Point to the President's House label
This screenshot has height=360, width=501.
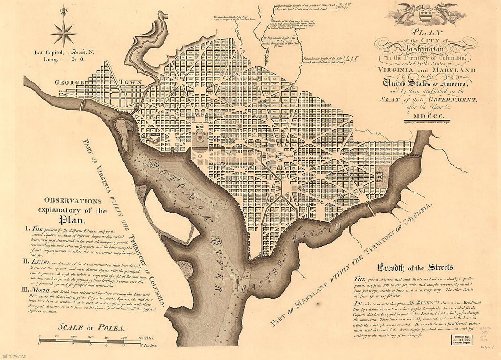coord(199,123)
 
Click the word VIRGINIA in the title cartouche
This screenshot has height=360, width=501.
coord(396,71)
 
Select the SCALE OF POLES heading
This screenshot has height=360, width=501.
coord(91,327)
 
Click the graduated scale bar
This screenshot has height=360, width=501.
coord(91,340)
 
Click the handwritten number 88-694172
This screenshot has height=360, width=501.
coord(15,352)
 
